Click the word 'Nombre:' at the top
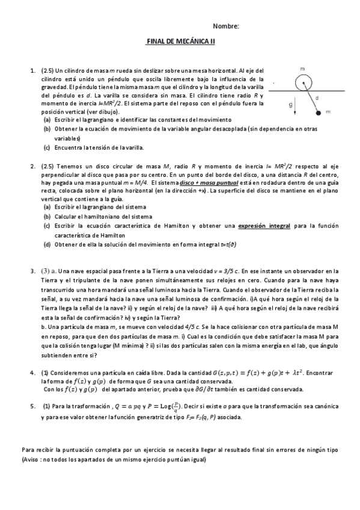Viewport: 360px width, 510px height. coord(226,26)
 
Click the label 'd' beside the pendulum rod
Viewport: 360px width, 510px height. coord(317,96)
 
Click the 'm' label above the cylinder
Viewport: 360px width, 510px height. coord(302,69)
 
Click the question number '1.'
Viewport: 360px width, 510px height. coord(33,71)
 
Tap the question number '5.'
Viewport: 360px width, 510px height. coord(33,407)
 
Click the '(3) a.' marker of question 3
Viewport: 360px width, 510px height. coord(49,271)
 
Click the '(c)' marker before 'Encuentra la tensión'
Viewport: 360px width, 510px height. coord(47,147)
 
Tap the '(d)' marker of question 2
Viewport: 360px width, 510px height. coord(47,245)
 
